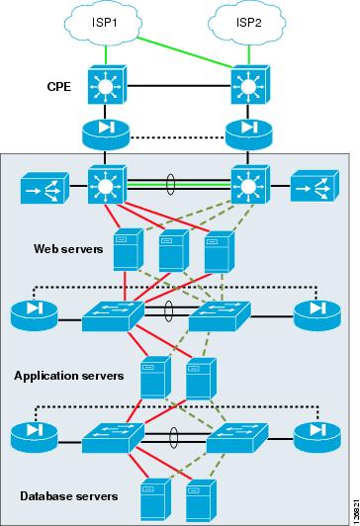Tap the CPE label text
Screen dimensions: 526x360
click(x=60, y=87)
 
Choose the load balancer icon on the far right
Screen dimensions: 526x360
click(x=312, y=189)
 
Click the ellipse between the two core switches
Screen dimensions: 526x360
click(x=174, y=185)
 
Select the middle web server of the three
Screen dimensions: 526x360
click(x=172, y=250)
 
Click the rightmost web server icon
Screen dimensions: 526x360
click(x=218, y=250)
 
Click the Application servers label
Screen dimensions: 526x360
click(x=68, y=376)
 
